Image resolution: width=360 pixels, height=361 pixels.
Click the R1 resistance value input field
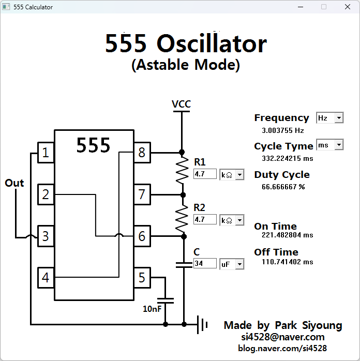tap(204, 174)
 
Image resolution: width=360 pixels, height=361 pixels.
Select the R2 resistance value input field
tap(204, 220)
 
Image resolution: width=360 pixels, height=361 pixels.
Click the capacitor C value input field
tap(204, 264)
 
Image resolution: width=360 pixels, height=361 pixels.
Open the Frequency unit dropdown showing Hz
tap(330, 118)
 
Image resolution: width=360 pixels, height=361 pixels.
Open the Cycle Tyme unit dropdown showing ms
tap(330, 145)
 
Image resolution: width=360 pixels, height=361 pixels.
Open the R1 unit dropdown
tap(232, 175)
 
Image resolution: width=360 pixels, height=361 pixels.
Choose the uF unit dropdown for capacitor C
tap(232, 264)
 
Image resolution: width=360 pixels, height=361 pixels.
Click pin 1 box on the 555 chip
tap(46, 153)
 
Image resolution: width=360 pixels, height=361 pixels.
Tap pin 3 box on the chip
tap(46, 236)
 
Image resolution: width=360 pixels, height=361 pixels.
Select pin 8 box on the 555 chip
tap(142, 153)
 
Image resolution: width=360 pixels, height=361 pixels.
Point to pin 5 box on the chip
tap(142, 278)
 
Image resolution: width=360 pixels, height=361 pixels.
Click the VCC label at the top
tap(181, 104)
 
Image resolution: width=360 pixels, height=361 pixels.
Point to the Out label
tap(14, 183)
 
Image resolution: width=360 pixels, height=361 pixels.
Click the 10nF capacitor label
tap(152, 309)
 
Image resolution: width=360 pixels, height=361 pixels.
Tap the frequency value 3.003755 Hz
tap(282, 131)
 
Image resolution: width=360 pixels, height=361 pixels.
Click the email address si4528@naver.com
tap(282, 337)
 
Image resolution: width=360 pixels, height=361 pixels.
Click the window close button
tap(347, 7)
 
